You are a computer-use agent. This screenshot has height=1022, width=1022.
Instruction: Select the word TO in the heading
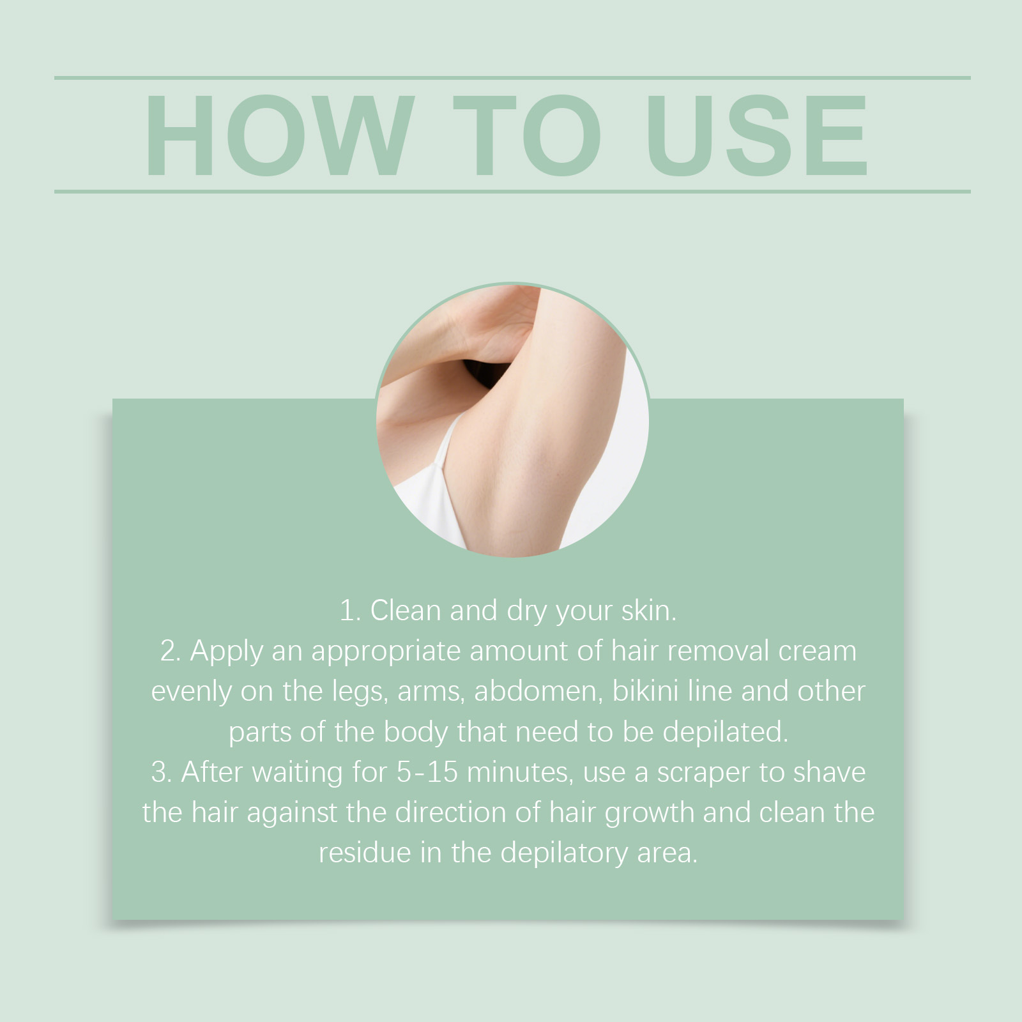point(528,135)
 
